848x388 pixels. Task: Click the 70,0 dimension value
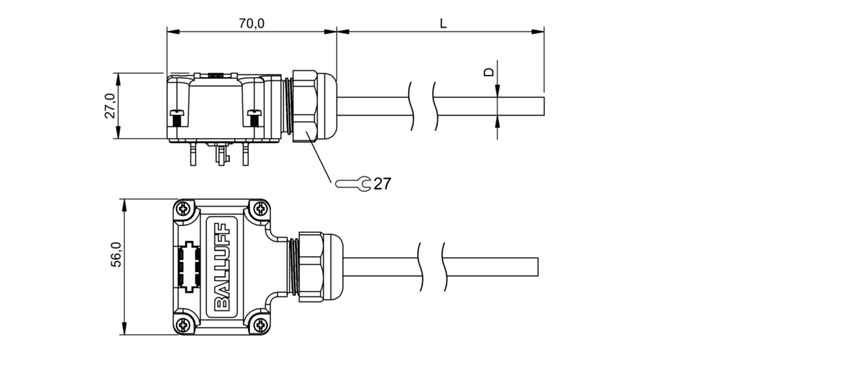(x=251, y=23)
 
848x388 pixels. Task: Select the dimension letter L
(x=443, y=23)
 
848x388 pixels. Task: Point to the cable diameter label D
(x=490, y=72)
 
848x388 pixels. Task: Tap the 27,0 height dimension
(x=110, y=106)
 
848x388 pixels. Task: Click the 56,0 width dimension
(x=116, y=255)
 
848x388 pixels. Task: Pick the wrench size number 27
(x=382, y=184)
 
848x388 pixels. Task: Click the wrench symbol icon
(x=353, y=184)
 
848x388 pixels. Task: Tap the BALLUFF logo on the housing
(x=222, y=267)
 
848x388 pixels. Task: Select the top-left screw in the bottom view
(x=184, y=208)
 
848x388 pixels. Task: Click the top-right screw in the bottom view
(x=261, y=208)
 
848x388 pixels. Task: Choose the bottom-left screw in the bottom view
(x=184, y=325)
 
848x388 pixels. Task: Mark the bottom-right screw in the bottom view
(x=261, y=325)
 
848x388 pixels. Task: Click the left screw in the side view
(x=177, y=118)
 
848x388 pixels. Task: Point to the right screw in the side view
(x=254, y=118)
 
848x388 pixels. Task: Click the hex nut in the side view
(x=305, y=106)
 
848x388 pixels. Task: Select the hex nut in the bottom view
(x=311, y=267)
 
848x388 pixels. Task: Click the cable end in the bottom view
(x=538, y=267)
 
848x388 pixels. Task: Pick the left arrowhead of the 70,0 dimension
(x=173, y=31)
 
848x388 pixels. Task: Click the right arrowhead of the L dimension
(x=538, y=31)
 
